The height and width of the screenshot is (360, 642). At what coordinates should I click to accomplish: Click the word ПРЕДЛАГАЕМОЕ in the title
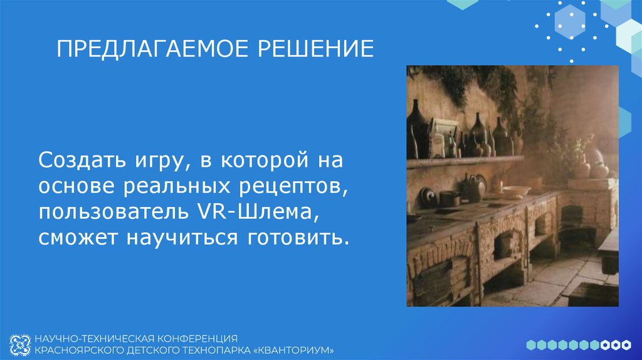point(144,48)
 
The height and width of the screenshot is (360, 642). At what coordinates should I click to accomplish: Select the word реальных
point(193,187)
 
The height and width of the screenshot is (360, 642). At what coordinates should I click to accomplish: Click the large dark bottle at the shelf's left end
point(417,129)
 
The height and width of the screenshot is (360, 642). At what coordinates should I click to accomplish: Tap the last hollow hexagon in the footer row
point(625,344)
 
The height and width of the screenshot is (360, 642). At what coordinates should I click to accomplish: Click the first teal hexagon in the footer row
point(530,344)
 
